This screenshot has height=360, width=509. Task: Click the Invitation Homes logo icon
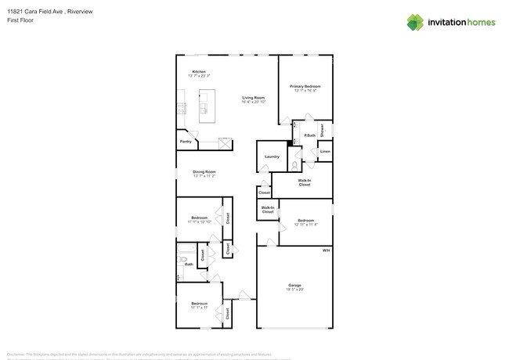pyautogui.click(x=415, y=22)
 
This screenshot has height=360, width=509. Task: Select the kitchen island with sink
pyautogui.click(x=207, y=106)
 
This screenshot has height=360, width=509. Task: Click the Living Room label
pyautogui.click(x=253, y=98)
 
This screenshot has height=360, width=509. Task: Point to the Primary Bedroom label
pyautogui.click(x=305, y=86)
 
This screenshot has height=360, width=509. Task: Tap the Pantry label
pyautogui.click(x=186, y=142)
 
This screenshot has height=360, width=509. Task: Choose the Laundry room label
pyautogui.click(x=272, y=157)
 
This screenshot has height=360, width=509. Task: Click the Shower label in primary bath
pyautogui.click(x=322, y=130)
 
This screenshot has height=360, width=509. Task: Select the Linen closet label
pyautogui.click(x=325, y=151)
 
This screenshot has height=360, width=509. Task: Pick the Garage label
pyautogui.click(x=294, y=285)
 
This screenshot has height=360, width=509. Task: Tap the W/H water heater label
pyautogui.click(x=326, y=250)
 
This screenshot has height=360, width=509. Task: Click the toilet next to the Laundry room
pyautogui.click(x=294, y=165)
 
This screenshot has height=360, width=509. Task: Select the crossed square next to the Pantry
pyautogui.click(x=225, y=142)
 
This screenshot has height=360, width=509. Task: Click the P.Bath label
pyautogui.click(x=309, y=136)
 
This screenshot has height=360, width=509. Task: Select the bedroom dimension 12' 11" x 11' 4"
pyautogui.click(x=305, y=225)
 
